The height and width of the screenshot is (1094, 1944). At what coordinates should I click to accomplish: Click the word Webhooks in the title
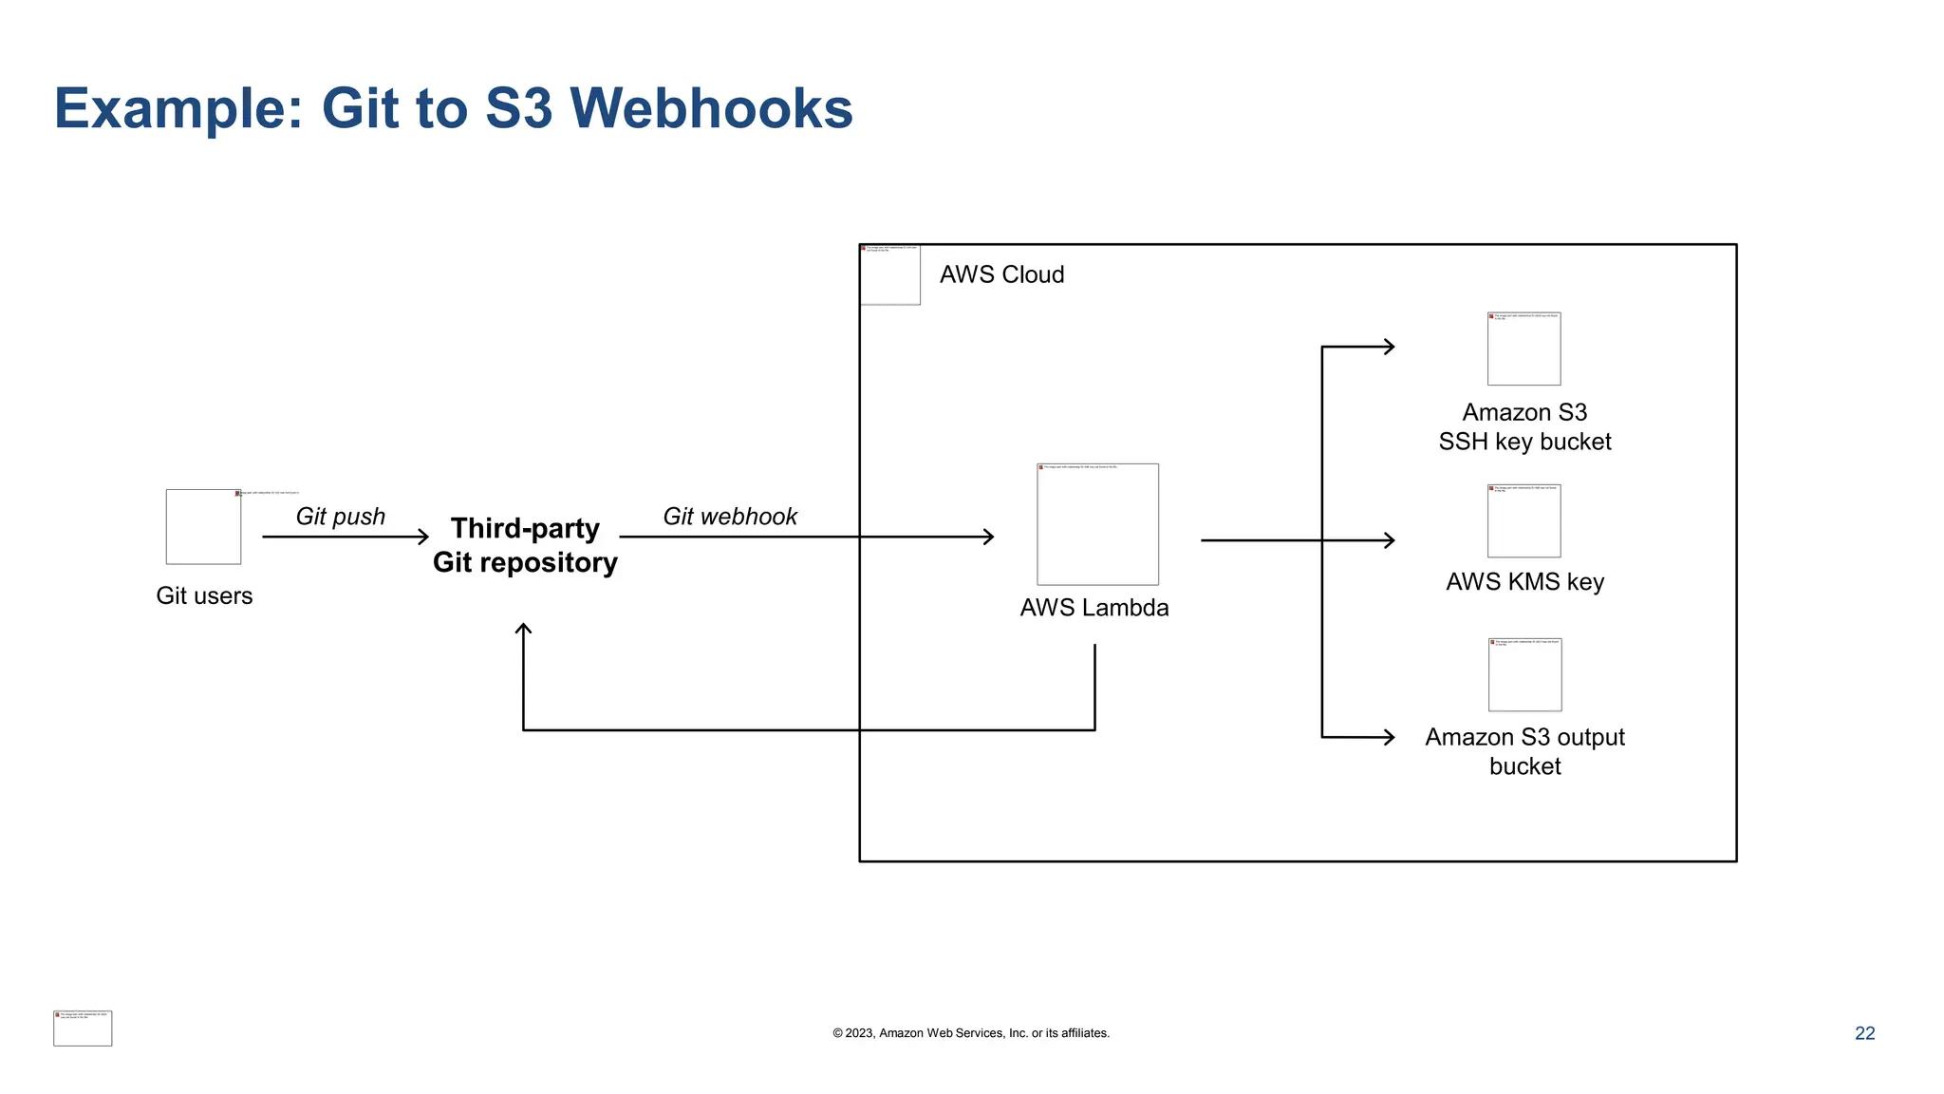coord(711,108)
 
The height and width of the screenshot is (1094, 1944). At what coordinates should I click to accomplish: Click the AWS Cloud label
coord(1001,274)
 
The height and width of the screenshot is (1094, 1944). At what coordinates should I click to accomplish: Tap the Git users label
coord(204,595)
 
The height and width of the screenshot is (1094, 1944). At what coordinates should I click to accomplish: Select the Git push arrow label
coord(340,517)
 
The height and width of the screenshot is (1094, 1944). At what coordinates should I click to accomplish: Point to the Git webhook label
coord(729,517)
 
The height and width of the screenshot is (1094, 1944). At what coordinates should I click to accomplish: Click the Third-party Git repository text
coord(525,545)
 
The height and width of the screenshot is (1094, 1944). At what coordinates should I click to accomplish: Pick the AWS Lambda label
coord(1093,608)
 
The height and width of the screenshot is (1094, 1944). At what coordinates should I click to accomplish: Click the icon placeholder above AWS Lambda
coord(1097,524)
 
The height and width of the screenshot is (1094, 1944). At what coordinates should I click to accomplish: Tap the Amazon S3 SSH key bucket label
coord(1524,427)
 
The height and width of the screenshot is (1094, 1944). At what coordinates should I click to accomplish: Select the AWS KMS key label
coord(1524,582)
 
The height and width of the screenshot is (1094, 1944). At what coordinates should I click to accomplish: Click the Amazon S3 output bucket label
coord(1524,751)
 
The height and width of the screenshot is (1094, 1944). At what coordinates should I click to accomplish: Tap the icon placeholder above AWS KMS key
coord(1523,521)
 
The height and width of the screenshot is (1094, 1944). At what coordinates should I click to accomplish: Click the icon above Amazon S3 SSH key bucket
coord(1523,349)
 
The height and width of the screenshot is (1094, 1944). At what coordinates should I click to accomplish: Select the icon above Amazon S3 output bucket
coord(1524,675)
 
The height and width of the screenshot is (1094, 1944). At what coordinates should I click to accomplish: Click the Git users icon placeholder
coord(203,527)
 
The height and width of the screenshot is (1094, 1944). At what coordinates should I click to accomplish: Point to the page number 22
coord(1864,1033)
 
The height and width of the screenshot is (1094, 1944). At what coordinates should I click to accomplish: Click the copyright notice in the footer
coord(970,1033)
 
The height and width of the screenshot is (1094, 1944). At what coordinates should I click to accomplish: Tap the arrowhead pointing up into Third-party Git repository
coord(523,629)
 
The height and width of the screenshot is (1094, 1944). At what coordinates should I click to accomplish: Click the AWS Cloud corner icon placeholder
coord(889,274)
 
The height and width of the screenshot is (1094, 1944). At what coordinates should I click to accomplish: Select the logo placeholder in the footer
coord(83,1028)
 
